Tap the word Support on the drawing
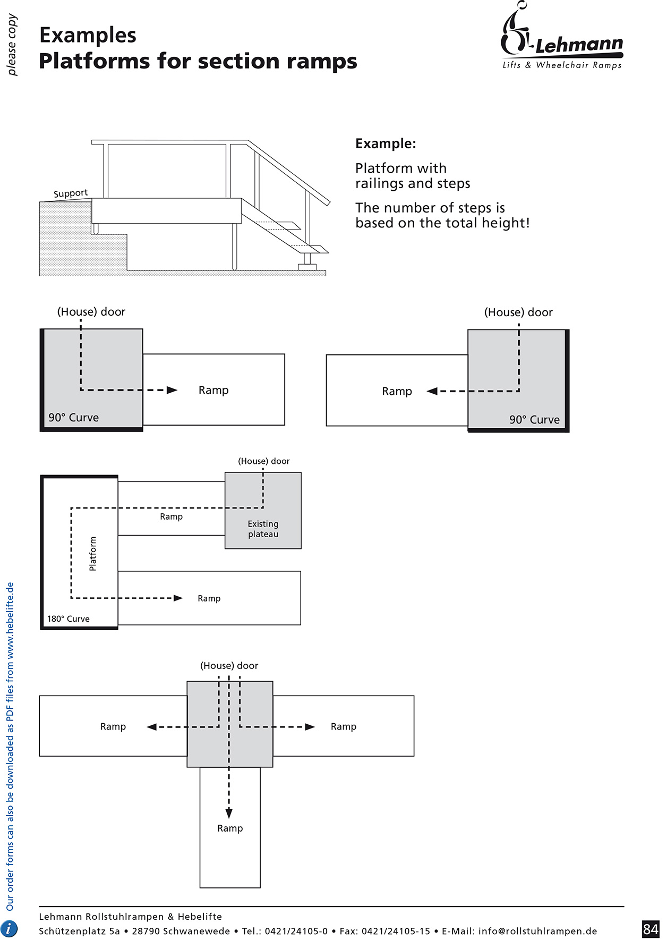click(x=70, y=193)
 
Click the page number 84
click(x=650, y=928)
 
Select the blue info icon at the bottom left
click(x=10, y=928)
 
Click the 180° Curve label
click(x=68, y=619)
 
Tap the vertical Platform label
click(x=93, y=554)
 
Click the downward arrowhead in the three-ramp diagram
click(x=229, y=813)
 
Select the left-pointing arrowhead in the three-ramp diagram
click(x=152, y=726)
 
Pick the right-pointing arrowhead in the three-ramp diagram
click(x=310, y=726)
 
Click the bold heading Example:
click(x=386, y=143)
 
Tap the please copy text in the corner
click(x=12, y=45)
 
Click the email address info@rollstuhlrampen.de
click(x=537, y=931)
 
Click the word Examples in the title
click(x=88, y=35)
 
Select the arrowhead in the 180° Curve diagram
click(x=178, y=598)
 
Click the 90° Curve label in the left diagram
click(x=73, y=418)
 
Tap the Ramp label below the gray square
click(x=230, y=828)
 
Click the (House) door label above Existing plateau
click(x=263, y=461)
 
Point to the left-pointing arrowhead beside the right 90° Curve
click(x=432, y=391)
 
